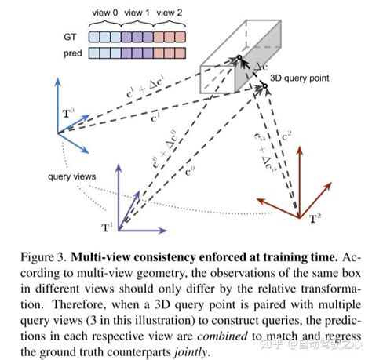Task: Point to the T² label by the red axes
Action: click(x=314, y=216)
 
